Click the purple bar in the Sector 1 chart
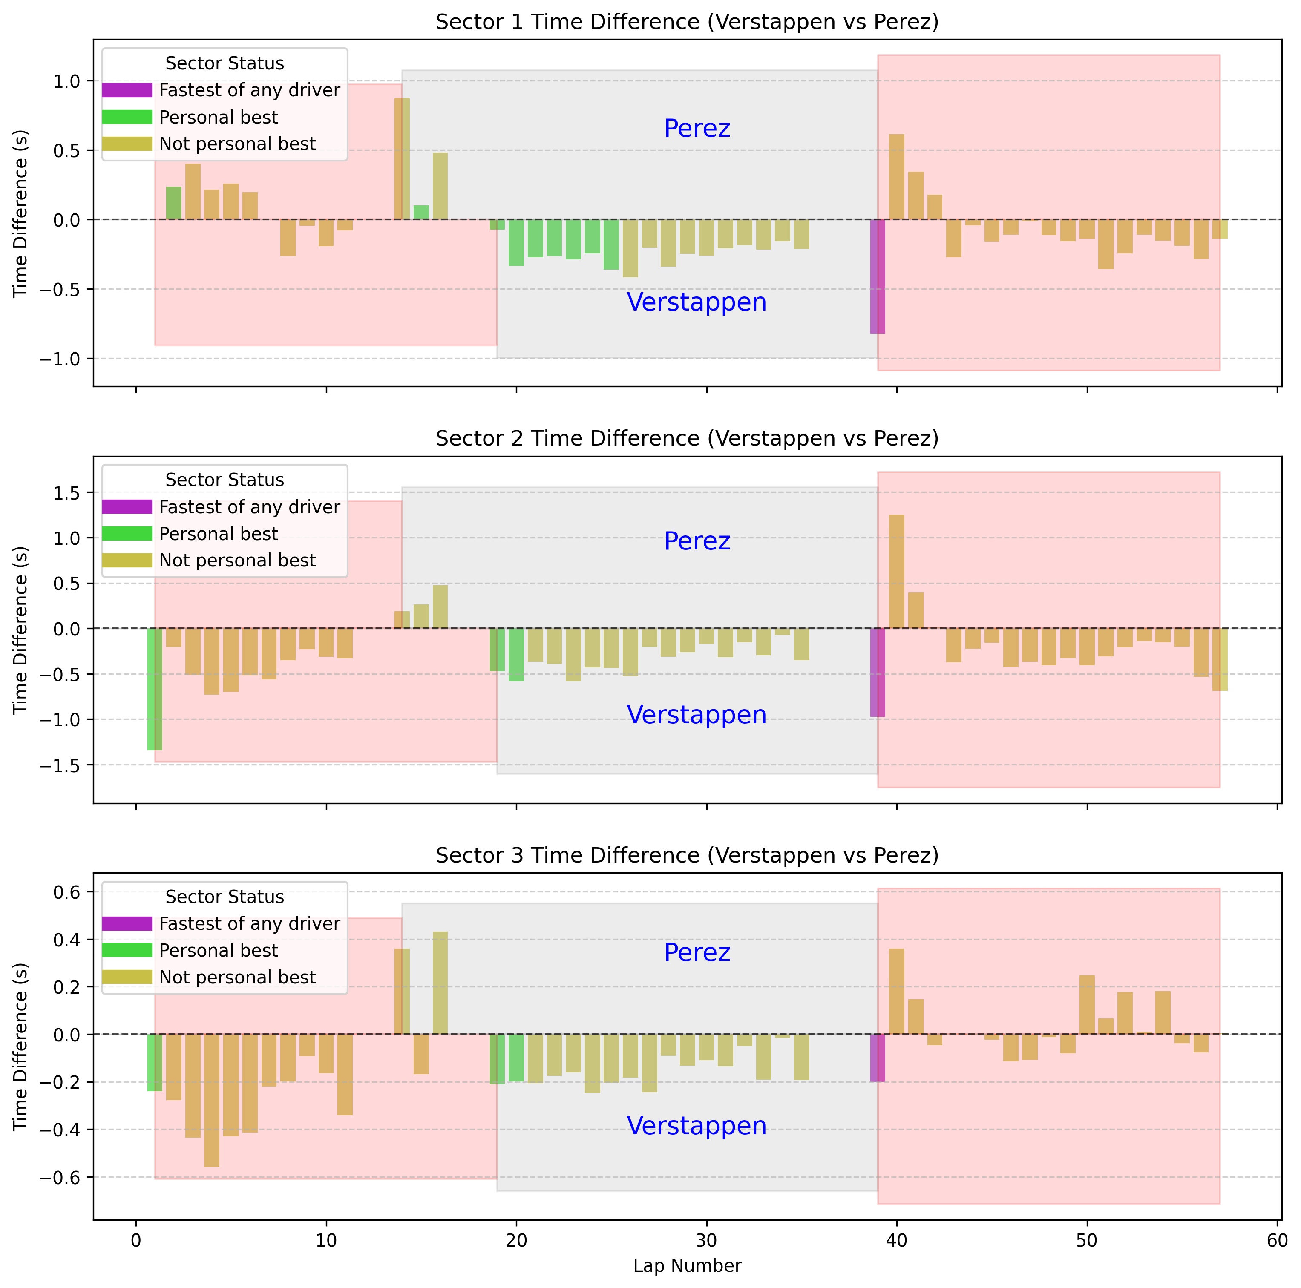point(878,276)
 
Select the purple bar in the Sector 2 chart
point(878,672)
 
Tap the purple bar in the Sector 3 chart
point(878,1058)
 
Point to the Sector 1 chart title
point(686,22)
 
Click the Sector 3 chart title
point(686,855)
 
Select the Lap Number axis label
point(686,1266)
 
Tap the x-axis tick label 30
point(706,1240)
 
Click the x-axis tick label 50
point(1087,1240)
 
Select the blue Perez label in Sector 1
point(697,129)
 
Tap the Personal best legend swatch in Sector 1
point(127,117)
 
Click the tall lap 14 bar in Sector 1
point(402,159)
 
